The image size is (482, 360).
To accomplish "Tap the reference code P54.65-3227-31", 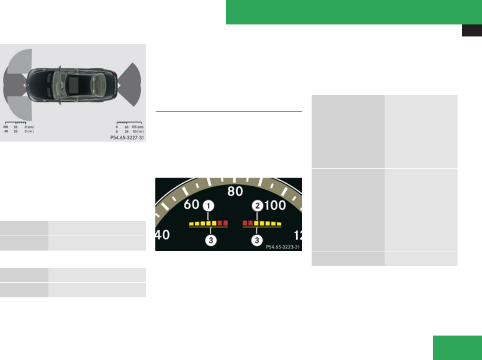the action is pos(127,137).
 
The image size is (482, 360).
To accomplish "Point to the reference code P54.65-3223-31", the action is pos(283,247).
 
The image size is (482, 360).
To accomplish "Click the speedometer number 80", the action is pos(235,191).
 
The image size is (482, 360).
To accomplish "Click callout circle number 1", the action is pos(209,206).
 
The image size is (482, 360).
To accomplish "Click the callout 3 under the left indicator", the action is pos(210,240).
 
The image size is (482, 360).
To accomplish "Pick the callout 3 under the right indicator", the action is pos(257,240).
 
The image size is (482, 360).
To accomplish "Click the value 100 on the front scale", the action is pos(6,127).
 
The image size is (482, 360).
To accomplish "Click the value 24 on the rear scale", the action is pos(126,131).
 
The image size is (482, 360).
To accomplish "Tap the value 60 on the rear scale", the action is pos(126,127).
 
